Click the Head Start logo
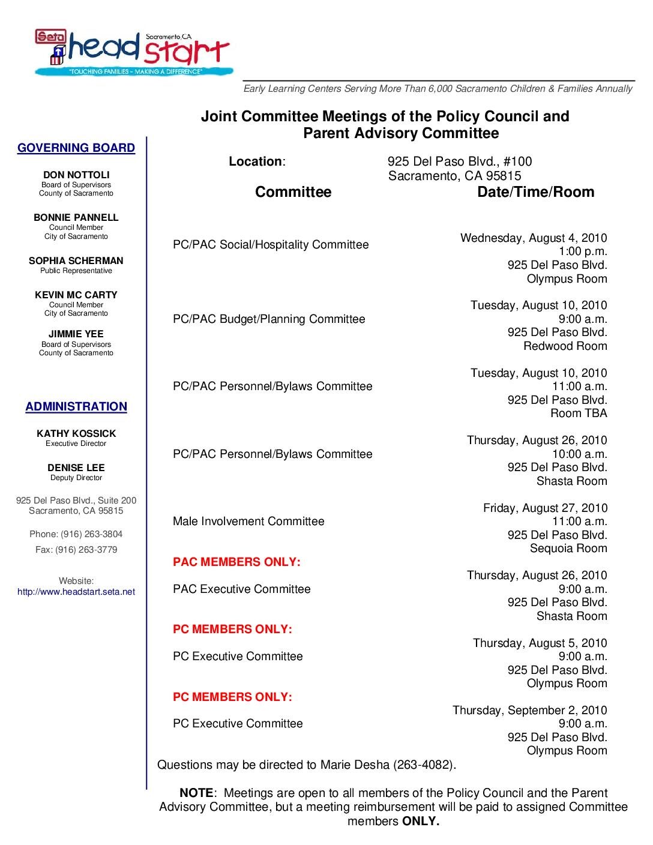click(x=132, y=53)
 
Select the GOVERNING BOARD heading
click(x=76, y=148)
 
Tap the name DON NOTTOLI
click(x=76, y=175)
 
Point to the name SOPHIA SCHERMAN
click(x=76, y=261)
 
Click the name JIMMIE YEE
click(x=76, y=334)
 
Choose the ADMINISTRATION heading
click(x=76, y=407)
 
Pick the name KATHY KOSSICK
click(x=76, y=433)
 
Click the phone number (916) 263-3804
click(x=91, y=534)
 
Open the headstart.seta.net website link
click(x=76, y=592)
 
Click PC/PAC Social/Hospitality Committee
click(x=271, y=245)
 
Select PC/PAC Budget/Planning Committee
click(x=269, y=319)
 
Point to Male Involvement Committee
click(x=248, y=522)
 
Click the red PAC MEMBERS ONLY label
click(x=236, y=562)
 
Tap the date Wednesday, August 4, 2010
click(x=534, y=238)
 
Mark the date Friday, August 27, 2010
click(x=545, y=508)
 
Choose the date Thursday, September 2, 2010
click(x=529, y=711)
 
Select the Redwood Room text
click(x=565, y=346)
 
